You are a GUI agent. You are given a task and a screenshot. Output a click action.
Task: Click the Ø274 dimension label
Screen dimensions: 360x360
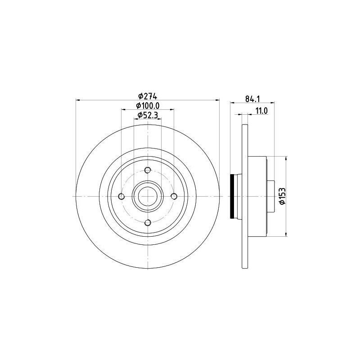point(148,96)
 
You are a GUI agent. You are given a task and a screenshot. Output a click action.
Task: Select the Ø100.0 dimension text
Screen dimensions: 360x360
point(148,106)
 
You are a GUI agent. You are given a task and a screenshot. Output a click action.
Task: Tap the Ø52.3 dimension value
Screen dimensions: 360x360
point(148,115)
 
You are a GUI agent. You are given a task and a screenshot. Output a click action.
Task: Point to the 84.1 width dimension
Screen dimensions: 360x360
point(252,99)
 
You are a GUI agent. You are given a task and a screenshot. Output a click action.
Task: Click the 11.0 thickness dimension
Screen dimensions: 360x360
point(261,111)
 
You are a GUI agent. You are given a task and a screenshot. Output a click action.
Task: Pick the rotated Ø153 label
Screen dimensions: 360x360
point(282,196)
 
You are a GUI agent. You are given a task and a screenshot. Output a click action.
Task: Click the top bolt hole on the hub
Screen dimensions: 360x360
point(148,170)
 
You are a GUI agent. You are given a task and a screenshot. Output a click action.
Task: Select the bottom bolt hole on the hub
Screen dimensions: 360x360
point(148,222)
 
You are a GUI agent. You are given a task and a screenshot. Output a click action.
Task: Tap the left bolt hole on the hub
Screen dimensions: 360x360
point(121,196)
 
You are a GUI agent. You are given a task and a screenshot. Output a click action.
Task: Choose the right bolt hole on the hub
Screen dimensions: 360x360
point(174,196)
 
